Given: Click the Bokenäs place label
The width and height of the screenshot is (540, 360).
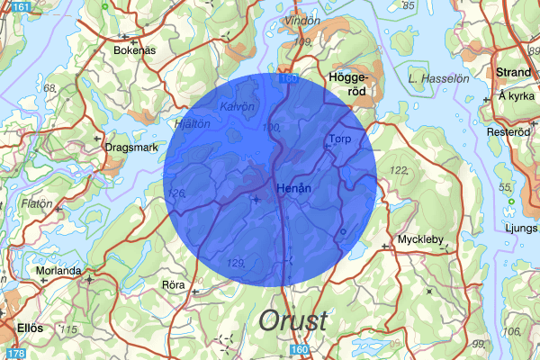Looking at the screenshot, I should point(134,51).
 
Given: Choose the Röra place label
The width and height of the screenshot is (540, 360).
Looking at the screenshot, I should point(172,284).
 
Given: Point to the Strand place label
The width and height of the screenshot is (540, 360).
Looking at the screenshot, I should point(515,71).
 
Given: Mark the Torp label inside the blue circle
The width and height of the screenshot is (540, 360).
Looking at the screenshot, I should point(339,139).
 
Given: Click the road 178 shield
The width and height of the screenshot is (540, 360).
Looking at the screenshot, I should point(9,354).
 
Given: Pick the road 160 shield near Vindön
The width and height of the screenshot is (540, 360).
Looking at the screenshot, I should point(287,80).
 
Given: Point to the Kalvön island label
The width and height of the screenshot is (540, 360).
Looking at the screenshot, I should point(238,106).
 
